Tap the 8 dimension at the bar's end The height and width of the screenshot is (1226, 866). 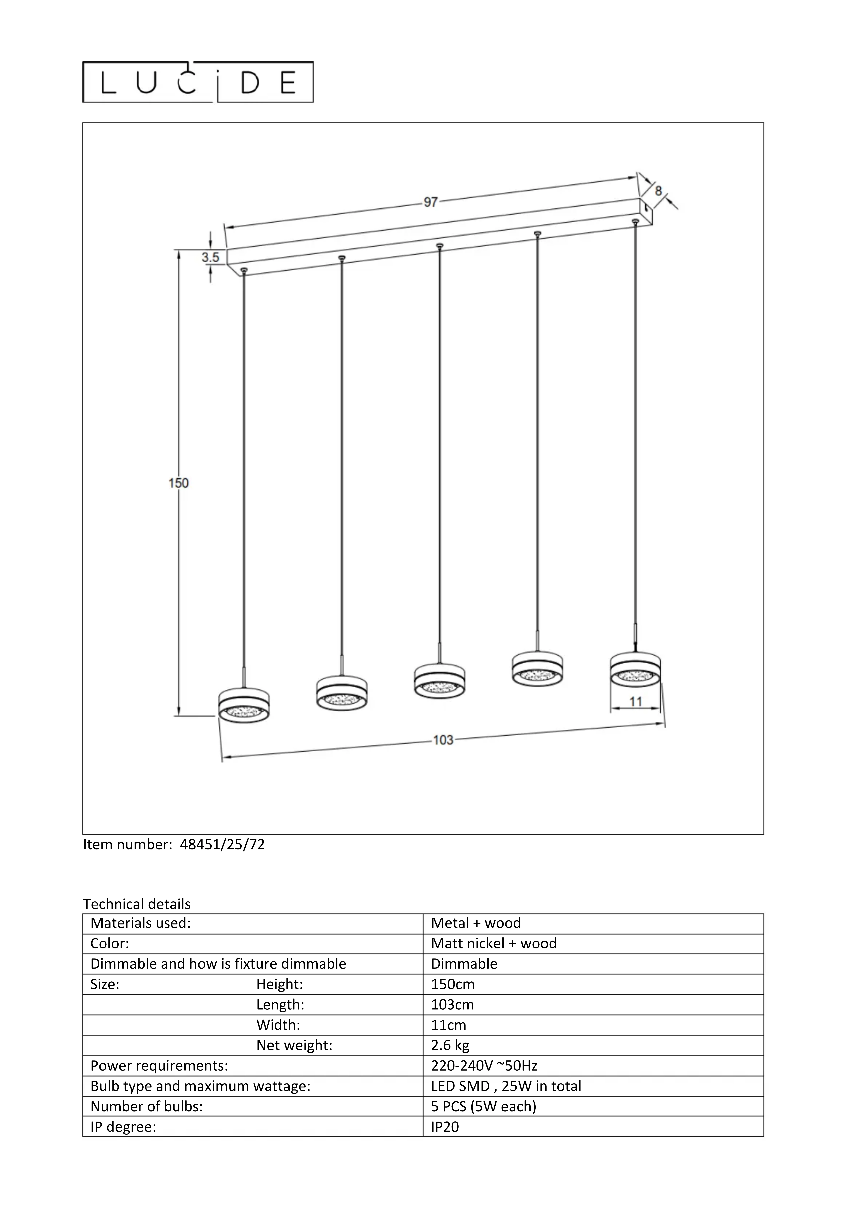(658, 191)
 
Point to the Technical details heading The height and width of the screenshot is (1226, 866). (137, 904)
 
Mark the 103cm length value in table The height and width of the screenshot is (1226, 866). (452, 1004)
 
